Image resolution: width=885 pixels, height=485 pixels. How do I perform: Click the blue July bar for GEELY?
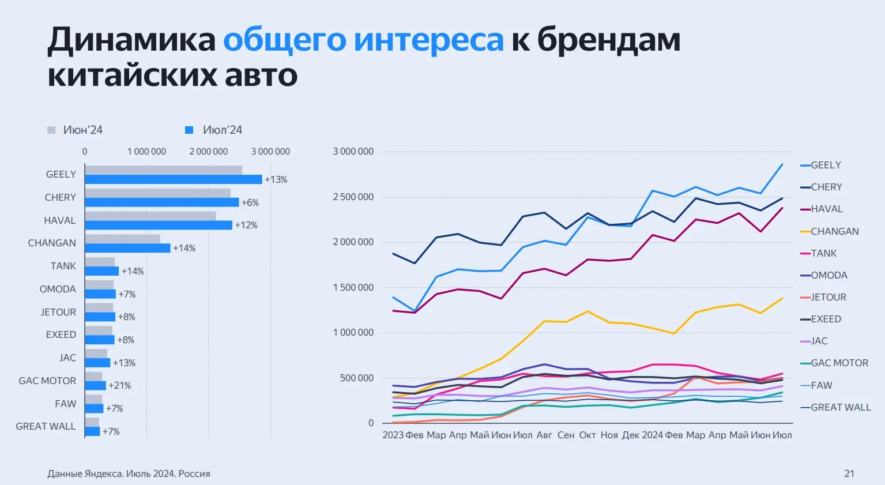[x=173, y=179]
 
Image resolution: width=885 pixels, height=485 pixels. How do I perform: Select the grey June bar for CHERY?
[x=157, y=193]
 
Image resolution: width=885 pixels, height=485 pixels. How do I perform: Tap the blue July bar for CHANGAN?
[x=127, y=248]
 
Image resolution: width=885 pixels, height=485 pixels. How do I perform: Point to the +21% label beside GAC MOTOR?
[x=120, y=385]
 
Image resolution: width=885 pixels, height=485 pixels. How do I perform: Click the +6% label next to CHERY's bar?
[x=250, y=202]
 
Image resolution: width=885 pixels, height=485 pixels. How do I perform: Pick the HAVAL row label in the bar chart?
[x=60, y=220]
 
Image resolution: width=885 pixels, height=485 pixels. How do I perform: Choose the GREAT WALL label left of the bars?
[x=46, y=426]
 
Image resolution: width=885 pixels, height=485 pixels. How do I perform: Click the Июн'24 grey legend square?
[x=51, y=130]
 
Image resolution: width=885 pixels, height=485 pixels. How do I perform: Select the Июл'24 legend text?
[x=223, y=130]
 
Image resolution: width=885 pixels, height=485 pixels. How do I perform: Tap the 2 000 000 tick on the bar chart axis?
[x=209, y=152]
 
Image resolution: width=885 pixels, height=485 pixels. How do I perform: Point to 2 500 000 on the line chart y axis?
[x=353, y=197]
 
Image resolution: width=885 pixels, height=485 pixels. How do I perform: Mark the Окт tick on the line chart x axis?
[x=588, y=435]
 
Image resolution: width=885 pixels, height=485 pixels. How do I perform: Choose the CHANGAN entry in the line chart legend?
[x=834, y=231]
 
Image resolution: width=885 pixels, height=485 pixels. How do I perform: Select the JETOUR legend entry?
[x=828, y=297]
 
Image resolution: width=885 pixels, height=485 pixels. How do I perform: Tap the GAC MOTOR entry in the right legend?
[x=839, y=363]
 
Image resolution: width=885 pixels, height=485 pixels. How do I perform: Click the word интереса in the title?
[x=428, y=40]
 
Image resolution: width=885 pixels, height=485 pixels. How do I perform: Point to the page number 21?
[x=849, y=473]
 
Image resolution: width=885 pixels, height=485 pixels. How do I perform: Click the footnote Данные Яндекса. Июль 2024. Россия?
[x=129, y=473]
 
